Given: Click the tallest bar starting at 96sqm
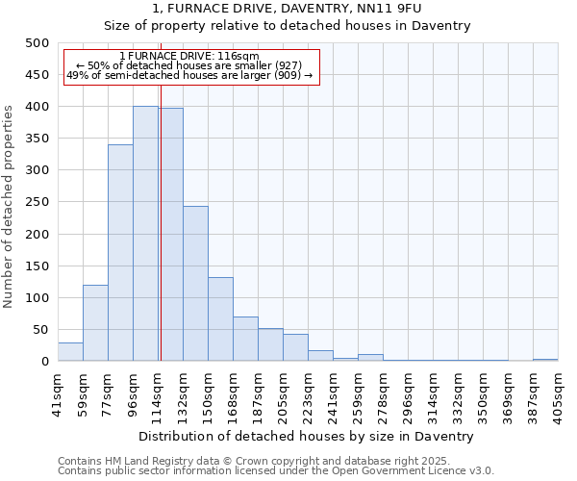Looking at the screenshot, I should click(x=145, y=234).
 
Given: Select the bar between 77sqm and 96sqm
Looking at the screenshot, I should click(x=120, y=253).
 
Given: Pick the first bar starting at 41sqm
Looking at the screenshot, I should click(x=70, y=352).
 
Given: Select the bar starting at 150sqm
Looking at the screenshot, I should click(x=220, y=319).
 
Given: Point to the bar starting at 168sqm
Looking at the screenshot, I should click(x=245, y=339).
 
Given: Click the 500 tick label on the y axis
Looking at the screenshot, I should click(x=38, y=43).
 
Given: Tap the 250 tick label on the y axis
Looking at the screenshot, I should click(x=38, y=202).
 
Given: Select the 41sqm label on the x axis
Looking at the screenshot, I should click(x=59, y=392).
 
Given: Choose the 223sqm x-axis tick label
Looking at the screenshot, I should click(x=309, y=392).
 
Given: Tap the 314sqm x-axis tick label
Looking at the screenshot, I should click(x=434, y=392).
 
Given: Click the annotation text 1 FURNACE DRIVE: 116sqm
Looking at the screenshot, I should click(x=189, y=57).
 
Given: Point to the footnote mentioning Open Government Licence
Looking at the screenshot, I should click(x=276, y=471).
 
